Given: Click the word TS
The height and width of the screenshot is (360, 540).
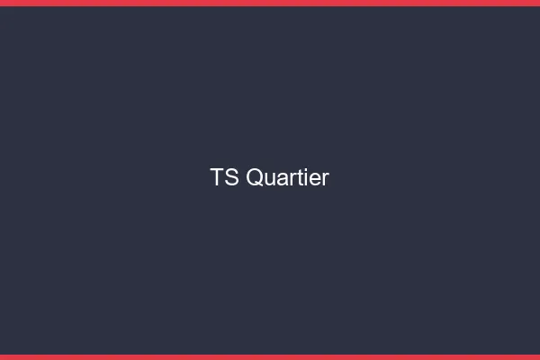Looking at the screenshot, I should pos(225,177).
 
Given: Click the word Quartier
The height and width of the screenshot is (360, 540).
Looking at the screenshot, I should pos(287,177).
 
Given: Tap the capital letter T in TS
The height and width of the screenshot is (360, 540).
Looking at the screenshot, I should pos(217,177).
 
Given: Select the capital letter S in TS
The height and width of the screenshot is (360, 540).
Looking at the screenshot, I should pos(232,177).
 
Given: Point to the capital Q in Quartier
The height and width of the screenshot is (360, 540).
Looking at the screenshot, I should pos(255,177).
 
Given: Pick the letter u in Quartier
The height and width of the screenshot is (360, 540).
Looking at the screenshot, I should pos(270,179).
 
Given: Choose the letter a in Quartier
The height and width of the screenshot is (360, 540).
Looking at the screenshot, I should pos(282,179).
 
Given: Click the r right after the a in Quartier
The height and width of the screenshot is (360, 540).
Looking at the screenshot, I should pos(291,179).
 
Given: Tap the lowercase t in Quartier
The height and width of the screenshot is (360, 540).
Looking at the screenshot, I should pos(297,178).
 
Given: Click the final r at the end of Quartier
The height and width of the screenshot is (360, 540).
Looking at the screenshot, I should pos(324,179).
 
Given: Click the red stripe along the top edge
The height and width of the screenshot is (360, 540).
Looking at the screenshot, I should pos(270,3).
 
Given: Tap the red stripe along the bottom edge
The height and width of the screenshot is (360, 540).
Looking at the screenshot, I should pos(270,357).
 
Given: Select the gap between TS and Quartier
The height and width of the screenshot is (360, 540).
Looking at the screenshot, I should pos(242,177).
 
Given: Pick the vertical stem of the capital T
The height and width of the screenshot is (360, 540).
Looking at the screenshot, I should pos(217,179).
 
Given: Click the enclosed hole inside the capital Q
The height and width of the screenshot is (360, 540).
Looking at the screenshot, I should pos(255,177).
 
